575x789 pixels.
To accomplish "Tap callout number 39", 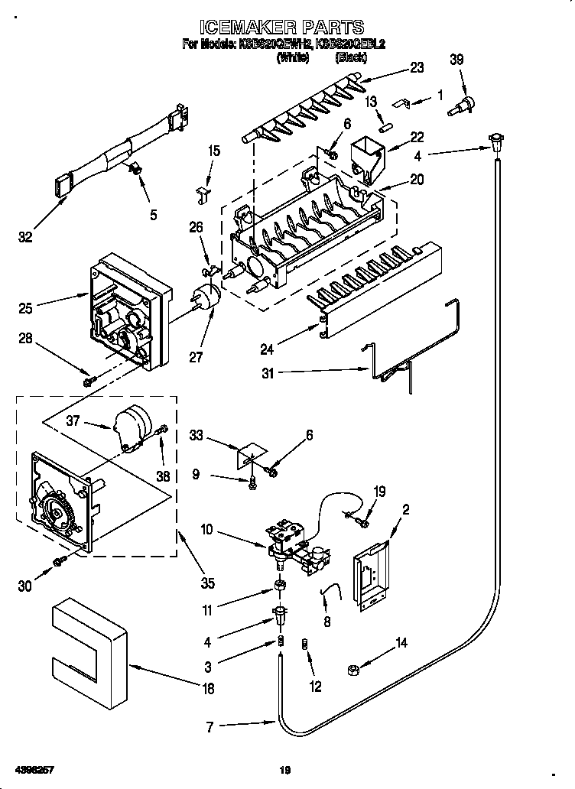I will (456, 61).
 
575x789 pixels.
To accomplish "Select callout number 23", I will (416, 67).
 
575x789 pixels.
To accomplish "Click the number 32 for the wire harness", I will (25, 237).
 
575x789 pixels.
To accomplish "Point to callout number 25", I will (24, 308).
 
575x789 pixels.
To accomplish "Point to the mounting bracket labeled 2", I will (370, 578).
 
